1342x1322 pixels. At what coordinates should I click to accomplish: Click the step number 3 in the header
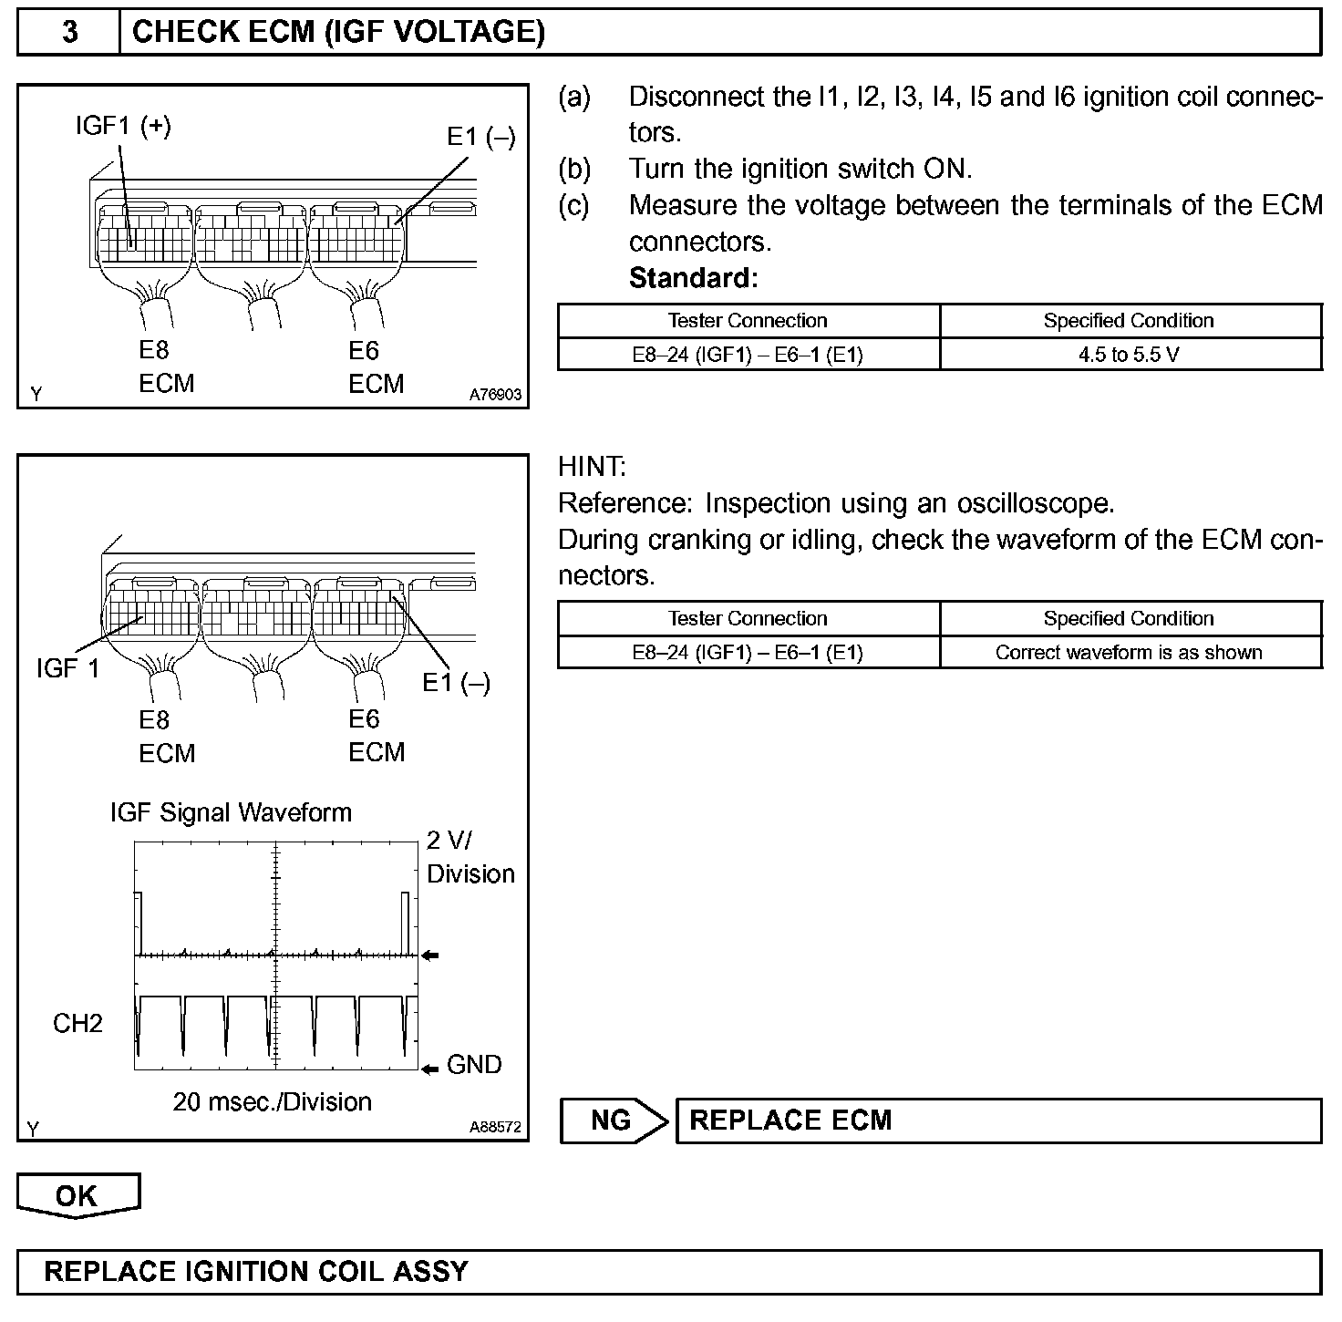click(x=69, y=33)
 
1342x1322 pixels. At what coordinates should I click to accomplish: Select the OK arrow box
click(x=77, y=1195)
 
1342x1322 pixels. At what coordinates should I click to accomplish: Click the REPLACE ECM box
click(x=997, y=1121)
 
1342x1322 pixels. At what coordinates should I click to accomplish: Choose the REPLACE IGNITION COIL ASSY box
click(x=668, y=1272)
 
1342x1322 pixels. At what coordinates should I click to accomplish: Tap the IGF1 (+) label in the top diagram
click(x=123, y=127)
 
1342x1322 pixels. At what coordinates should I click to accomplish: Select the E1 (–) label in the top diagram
click(x=480, y=138)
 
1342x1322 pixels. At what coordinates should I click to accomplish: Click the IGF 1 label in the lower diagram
click(x=67, y=668)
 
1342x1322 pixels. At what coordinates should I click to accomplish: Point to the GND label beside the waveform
click(x=474, y=1065)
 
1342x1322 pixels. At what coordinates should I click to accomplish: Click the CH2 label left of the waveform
click(x=77, y=1024)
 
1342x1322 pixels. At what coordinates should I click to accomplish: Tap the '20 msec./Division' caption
click(x=272, y=1102)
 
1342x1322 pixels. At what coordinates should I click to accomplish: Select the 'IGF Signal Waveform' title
click(x=231, y=812)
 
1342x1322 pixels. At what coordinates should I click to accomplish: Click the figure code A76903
click(x=495, y=395)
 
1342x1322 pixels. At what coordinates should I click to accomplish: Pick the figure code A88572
click(x=495, y=1128)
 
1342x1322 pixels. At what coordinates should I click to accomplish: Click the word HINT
click(x=592, y=467)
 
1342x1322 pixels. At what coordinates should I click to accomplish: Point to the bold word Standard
click(x=693, y=278)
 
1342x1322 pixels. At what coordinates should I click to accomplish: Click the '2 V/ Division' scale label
click(x=469, y=857)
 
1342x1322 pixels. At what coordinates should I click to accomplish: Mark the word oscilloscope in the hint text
click(x=1034, y=503)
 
